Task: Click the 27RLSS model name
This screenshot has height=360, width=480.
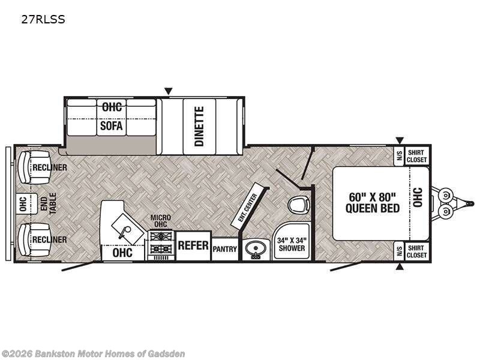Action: pyautogui.click(x=43, y=20)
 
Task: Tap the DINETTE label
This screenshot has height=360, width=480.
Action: pyautogui.click(x=199, y=126)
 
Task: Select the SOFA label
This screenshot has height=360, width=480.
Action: pyautogui.click(x=111, y=125)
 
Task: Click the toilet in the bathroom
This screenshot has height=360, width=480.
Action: pyautogui.click(x=299, y=205)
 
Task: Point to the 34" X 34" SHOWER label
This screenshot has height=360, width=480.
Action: pyautogui.click(x=292, y=244)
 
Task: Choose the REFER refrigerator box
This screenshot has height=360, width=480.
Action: pyautogui.click(x=193, y=245)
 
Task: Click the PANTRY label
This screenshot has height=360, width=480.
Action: pyautogui.click(x=224, y=249)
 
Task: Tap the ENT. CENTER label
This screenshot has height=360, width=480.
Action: pyautogui.click(x=248, y=208)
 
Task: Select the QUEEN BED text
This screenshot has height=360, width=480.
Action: pyautogui.click(x=373, y=208)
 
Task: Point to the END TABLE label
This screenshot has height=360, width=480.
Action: pyautogui.click(x=49, y=203)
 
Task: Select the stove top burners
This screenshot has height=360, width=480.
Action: pyautogui.click(x=161, y=242)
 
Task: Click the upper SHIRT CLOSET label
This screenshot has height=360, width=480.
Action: pyautogui.click(x=416, y=156)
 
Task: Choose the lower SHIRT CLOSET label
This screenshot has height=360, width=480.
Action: pyautogui.click(x=416, y=251)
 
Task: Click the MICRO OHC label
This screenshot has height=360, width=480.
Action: pyautogui.click(x=160, y=221)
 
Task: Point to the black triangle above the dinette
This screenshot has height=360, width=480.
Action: pyautogui.click(x=169, y=91)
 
